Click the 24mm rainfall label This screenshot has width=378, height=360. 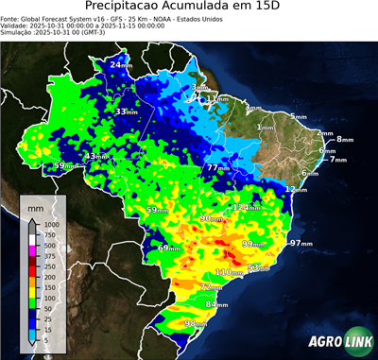pyautogui.click(x=120, y=64)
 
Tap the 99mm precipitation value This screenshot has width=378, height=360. pyautogui.click(x=253, y=244)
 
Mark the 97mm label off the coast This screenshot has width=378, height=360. pyautogui.click(x=301, y=243)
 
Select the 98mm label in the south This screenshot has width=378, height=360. pyautogui.click(x=195, y=324)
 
